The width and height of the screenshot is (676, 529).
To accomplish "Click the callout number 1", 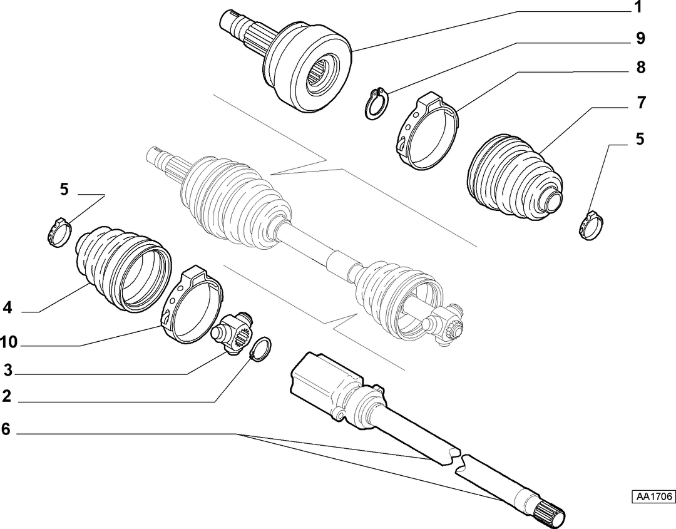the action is (638, 8).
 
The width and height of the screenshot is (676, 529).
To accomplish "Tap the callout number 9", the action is (641, 38).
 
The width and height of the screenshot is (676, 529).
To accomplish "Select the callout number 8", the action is (641, 67).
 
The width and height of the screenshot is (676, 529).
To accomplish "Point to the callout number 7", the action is (641, 103).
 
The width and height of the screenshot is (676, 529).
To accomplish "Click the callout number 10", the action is (9, 342).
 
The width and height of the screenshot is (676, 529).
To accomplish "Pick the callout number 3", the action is (8, 370).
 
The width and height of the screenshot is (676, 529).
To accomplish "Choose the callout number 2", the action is (6, 396).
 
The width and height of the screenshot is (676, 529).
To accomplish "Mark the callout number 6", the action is (6, 429).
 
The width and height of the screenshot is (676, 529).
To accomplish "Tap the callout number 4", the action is (8, 307).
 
